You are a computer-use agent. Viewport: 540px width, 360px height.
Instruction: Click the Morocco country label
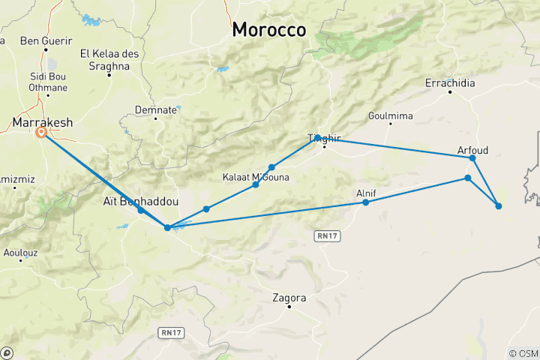[x=269, y=30]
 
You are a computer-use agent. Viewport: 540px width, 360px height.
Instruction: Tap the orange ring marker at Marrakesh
[x=41, y=132]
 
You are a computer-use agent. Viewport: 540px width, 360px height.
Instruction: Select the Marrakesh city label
[x=44, y=121]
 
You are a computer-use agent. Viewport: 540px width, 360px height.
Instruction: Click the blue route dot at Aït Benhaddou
[x=141, y=210]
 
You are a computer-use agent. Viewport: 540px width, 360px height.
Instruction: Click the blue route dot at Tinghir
[x=318, y=137]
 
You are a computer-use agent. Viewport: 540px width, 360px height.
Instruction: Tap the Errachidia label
[x=450, y=82]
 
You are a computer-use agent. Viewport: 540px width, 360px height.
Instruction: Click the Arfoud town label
[x=472, y=150]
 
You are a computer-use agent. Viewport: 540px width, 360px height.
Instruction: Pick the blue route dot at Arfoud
[x=472, y=157]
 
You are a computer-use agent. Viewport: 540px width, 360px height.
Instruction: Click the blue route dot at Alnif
[x=365, y=202]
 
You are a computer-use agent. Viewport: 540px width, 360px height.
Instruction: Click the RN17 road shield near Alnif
[x=323, y=235]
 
